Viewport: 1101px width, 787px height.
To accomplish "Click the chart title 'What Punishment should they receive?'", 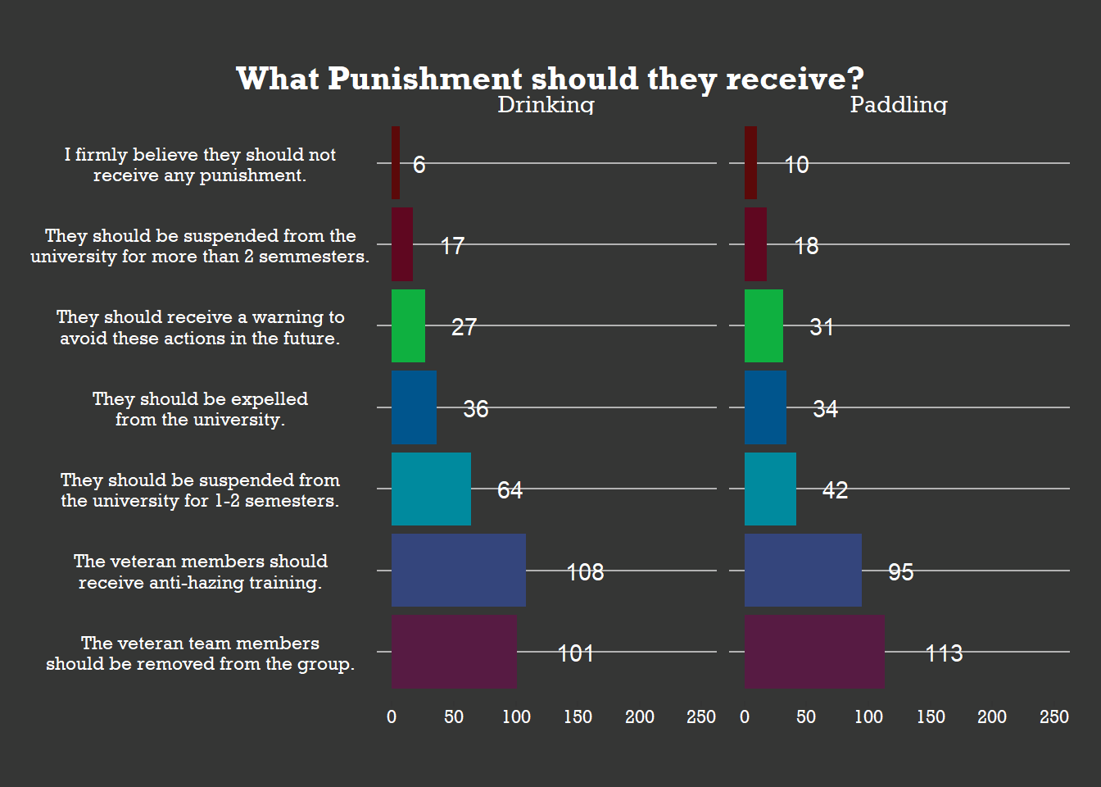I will click(x=550, y=79).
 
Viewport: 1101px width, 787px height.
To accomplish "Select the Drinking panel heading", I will click(x=546, y=104).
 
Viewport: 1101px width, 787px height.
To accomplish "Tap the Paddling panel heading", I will click(x=899, y=104).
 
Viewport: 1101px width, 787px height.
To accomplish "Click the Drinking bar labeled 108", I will click(x=458, y=571).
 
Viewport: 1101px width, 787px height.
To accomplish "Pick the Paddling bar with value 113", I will click(x=814, y=652).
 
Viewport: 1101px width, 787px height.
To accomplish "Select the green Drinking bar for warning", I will click(x=408, y=325).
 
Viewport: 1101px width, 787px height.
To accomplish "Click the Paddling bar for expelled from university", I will click(x=765, y=407).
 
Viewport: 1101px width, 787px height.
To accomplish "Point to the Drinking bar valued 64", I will click(x=431, y=489).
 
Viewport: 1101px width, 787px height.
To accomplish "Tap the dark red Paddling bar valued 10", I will click(x=750, y=163).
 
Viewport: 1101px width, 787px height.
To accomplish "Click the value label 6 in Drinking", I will click(x=419, y=165).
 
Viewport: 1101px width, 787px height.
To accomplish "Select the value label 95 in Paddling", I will click(x=900, y=572).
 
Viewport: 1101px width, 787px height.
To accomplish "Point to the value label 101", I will click(x=575, y=653).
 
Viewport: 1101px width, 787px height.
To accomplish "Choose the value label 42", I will click(x=835, y=490).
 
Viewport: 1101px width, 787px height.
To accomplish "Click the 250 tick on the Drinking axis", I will click(x=701, y=717).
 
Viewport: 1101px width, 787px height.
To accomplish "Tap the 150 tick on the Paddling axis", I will click(x=931, y=717).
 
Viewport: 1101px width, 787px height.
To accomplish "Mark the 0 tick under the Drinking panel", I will click(x=392, y=717).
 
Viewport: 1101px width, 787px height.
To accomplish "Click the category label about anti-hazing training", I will click(x=200, y=571).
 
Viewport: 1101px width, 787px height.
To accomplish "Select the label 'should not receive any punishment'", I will click(x=200, y=165).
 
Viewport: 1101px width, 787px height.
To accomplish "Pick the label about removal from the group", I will click(x=200, y=653).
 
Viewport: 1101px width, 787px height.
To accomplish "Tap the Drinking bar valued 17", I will click(x=402, y=244).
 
